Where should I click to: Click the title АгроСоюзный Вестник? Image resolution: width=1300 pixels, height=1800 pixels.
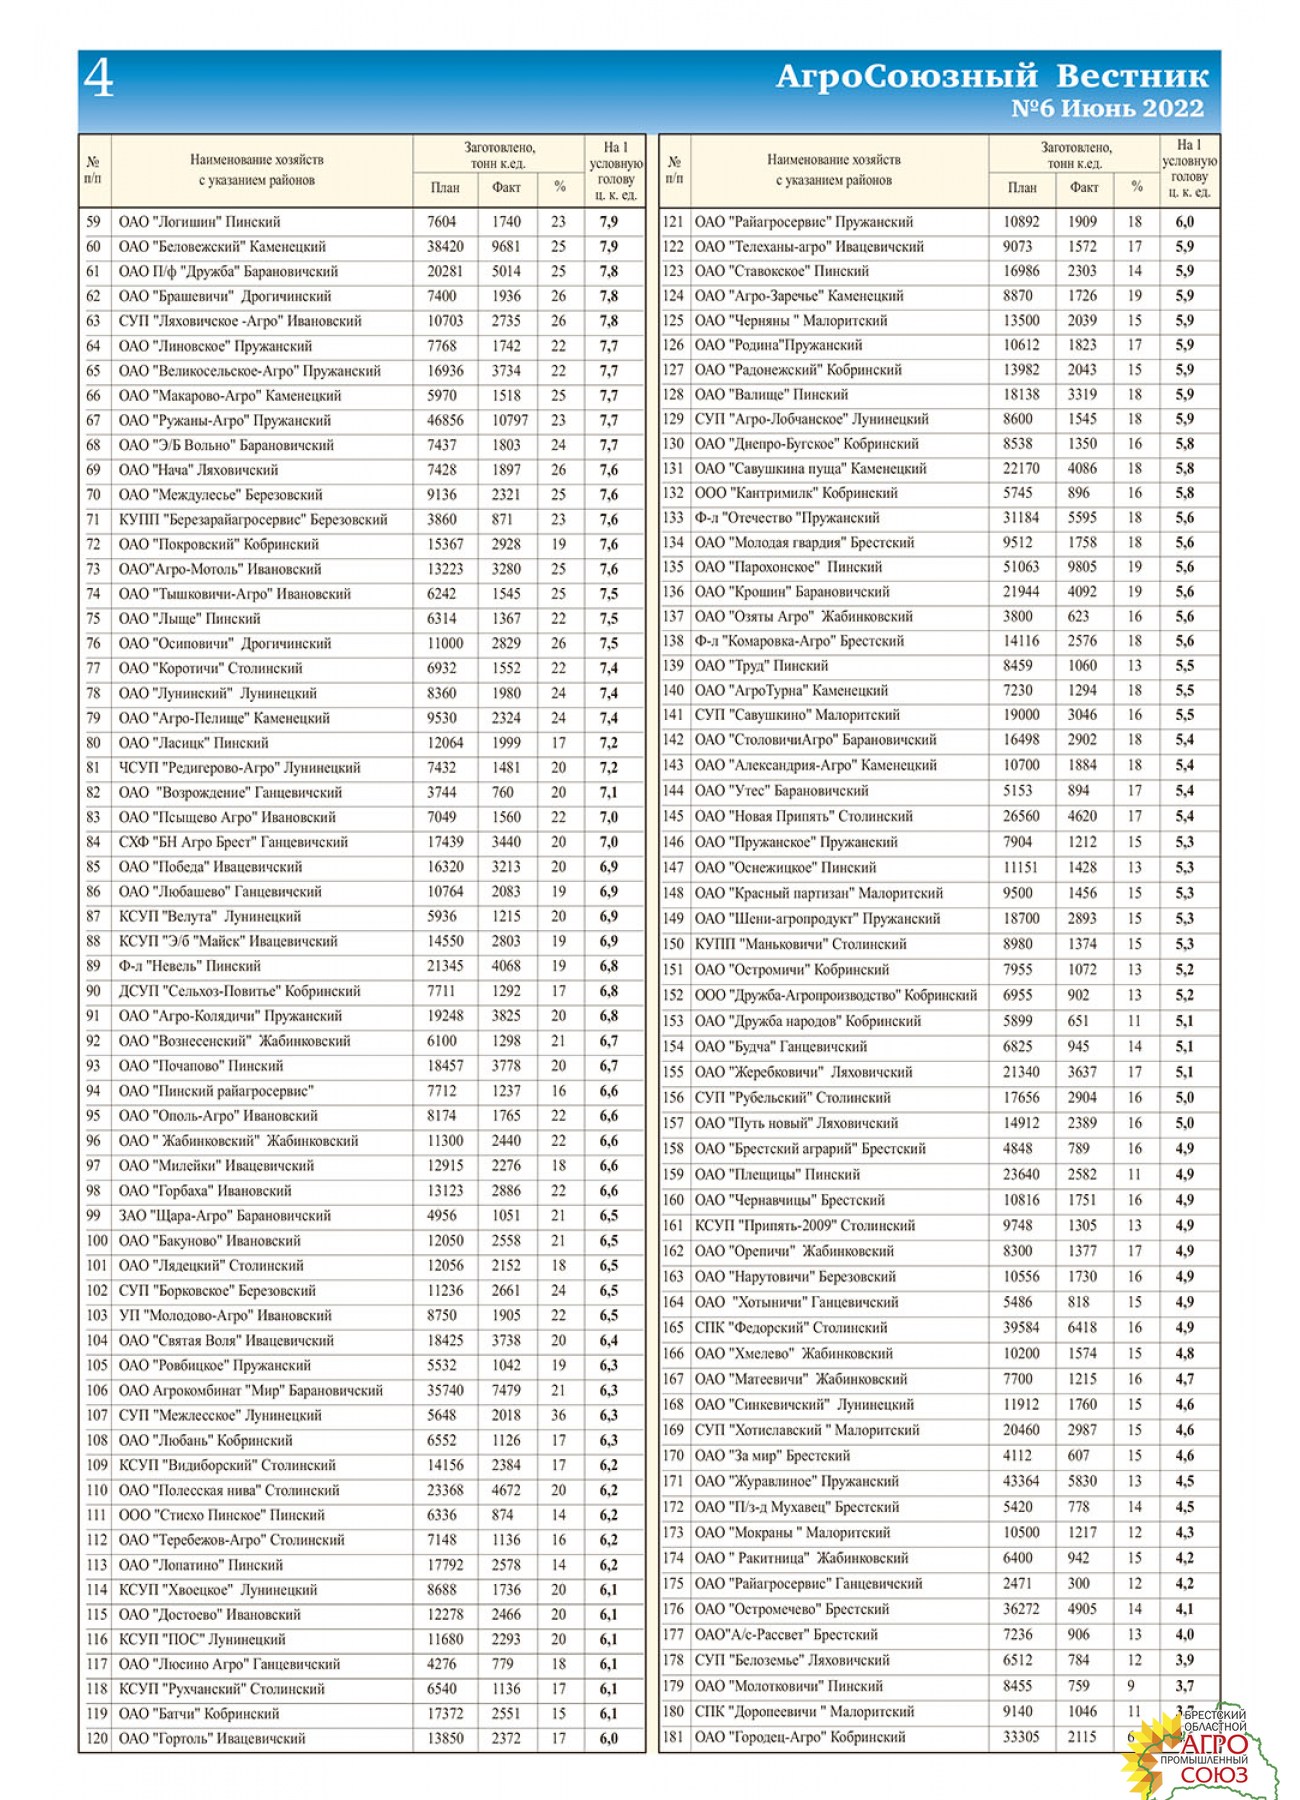(992, 77)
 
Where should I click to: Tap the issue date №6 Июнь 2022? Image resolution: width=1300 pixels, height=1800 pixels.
(1107, 109)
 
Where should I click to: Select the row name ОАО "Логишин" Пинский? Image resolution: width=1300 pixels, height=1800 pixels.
(199, 222)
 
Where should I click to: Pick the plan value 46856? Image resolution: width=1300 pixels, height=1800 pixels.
(445, 421)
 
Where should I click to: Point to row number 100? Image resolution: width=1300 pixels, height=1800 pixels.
(96, 1241)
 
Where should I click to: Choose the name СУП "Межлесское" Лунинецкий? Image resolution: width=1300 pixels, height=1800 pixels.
(220, 1416)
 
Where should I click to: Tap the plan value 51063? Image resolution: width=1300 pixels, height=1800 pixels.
(1021, 567)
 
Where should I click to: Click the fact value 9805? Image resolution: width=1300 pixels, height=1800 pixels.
(1082, 567)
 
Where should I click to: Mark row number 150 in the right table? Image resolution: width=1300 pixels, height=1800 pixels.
(674, 944)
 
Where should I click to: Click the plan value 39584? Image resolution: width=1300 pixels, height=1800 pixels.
(1021, 1328)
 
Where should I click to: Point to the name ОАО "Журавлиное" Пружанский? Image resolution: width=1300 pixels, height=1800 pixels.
(796, 1482)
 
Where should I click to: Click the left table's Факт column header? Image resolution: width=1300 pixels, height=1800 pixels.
(506, 187)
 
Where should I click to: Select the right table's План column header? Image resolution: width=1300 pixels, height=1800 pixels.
(1022, 187)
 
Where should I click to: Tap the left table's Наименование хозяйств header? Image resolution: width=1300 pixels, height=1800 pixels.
(257, 170)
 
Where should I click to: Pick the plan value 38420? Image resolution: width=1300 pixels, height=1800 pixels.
(445, 247)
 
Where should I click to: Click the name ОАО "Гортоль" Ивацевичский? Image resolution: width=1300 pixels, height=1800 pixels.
(212, 1739)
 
